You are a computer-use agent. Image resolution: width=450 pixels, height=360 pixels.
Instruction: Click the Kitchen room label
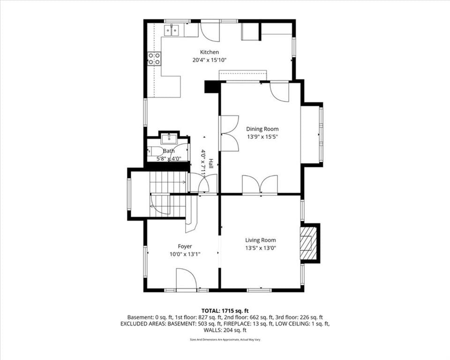point(210,52)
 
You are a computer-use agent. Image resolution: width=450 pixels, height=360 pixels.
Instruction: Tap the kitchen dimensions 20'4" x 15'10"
point(210,60)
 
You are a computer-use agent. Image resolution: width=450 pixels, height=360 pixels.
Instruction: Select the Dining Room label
point(262,129)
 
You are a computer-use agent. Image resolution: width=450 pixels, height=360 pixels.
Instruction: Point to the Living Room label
point(261,240)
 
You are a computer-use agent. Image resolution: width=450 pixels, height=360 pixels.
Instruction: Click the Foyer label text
point(185,246)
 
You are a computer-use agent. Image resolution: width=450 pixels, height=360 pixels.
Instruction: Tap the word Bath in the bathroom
point(169,151)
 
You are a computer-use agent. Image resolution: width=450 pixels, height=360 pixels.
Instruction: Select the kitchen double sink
point(172,30)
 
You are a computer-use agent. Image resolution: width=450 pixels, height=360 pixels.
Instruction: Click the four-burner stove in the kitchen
point(154,59)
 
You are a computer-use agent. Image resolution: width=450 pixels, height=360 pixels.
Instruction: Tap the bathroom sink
point(169,138)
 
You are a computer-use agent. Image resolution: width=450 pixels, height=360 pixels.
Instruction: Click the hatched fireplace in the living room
point(308,243)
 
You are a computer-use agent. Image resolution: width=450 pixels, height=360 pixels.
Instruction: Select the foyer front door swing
point(186,280)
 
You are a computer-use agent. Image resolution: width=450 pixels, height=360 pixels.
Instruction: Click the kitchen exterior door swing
point(210,30)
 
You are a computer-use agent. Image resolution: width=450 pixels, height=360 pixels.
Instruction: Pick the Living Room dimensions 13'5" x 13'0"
point(261,248)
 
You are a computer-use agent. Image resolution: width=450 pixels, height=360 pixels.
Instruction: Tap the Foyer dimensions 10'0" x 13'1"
point(185,254)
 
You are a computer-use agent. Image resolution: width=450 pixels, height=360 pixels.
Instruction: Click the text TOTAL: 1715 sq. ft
point(225,311)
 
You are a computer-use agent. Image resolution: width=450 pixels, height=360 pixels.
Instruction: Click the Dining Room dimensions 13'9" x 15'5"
point(262,137)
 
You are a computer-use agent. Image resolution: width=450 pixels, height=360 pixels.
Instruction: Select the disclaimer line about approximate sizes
point(225,340)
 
